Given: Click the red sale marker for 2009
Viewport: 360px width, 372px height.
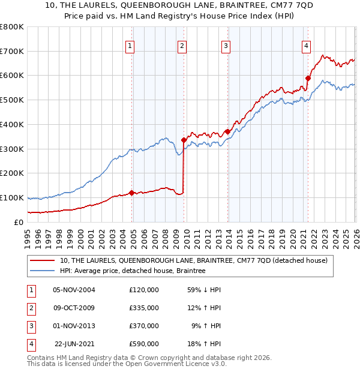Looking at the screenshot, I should pos(184,140).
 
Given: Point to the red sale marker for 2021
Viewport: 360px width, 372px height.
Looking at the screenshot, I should pos(308,78).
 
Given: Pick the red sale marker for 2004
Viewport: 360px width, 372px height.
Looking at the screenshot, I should pos(132,193).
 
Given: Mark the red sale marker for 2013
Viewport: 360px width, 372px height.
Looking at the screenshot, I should pos(227,131).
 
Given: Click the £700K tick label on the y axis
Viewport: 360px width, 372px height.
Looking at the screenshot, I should pos(12,52).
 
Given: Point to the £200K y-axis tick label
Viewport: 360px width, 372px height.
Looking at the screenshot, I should pos(12,173).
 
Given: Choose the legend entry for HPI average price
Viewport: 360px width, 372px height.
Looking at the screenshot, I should pos(133,271).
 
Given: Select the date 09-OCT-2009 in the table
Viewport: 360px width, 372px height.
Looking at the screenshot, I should pos(74,308).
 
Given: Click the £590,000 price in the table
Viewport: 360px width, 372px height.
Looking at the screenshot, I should pos(144,344).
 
